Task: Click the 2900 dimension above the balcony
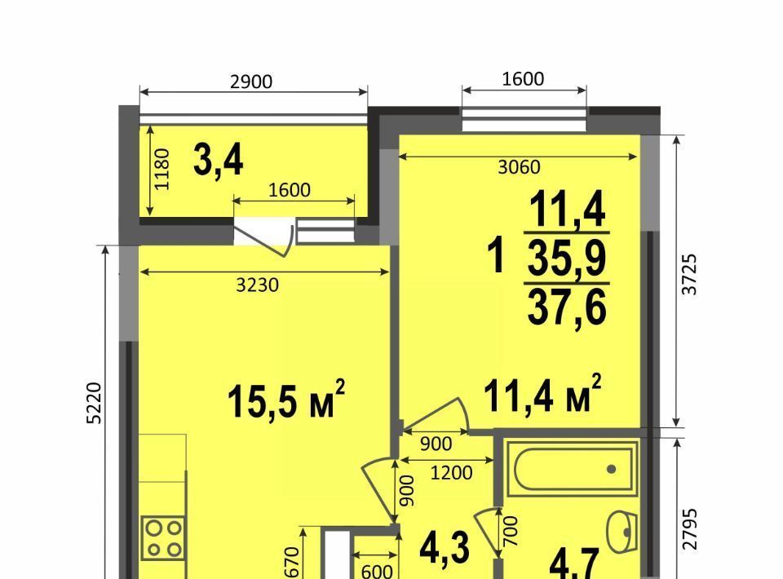251,82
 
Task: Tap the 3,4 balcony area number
219,160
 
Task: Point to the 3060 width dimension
519,167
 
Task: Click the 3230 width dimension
257,285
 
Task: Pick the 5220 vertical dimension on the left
94,403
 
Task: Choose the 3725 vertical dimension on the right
690,275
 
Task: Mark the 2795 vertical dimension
690,529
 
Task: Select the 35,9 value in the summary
567,258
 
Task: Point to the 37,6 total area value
567,306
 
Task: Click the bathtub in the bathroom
572,469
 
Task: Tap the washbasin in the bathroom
622,532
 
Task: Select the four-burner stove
164,537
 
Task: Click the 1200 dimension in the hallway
451,472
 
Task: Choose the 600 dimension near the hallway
377,571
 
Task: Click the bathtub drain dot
611,469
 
